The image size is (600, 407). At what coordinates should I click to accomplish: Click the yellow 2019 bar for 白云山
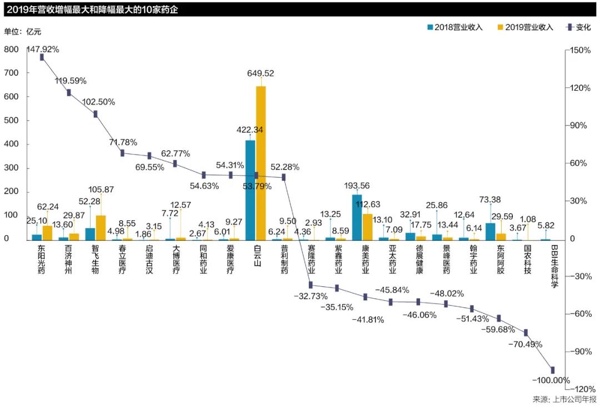click(x=261, y=163)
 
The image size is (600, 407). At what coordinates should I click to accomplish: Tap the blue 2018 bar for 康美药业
click(x=357, y=217)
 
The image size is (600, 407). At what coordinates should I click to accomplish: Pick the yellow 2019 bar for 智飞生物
click(x=101, y=227)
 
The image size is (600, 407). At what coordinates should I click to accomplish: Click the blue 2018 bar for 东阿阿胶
click(x=490, y=231)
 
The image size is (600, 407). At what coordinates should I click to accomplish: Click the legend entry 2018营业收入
click(x=454, y=27)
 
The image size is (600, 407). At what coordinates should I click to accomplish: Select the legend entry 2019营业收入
click(x=526, y=27)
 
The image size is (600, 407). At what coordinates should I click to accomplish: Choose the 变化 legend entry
click(x=577, y=27)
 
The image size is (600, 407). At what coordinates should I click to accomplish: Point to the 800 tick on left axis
click(x=11, y=49)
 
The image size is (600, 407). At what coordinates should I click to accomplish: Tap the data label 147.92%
click(x=43, y=49)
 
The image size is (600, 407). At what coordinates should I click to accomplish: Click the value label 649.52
click(x=261, y=73)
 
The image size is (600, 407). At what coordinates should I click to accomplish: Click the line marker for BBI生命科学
click(x=553, y=370)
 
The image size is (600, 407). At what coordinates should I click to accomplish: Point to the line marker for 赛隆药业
click(x=311, y=285)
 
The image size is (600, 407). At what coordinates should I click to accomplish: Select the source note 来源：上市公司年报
click(x=564, y=399)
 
